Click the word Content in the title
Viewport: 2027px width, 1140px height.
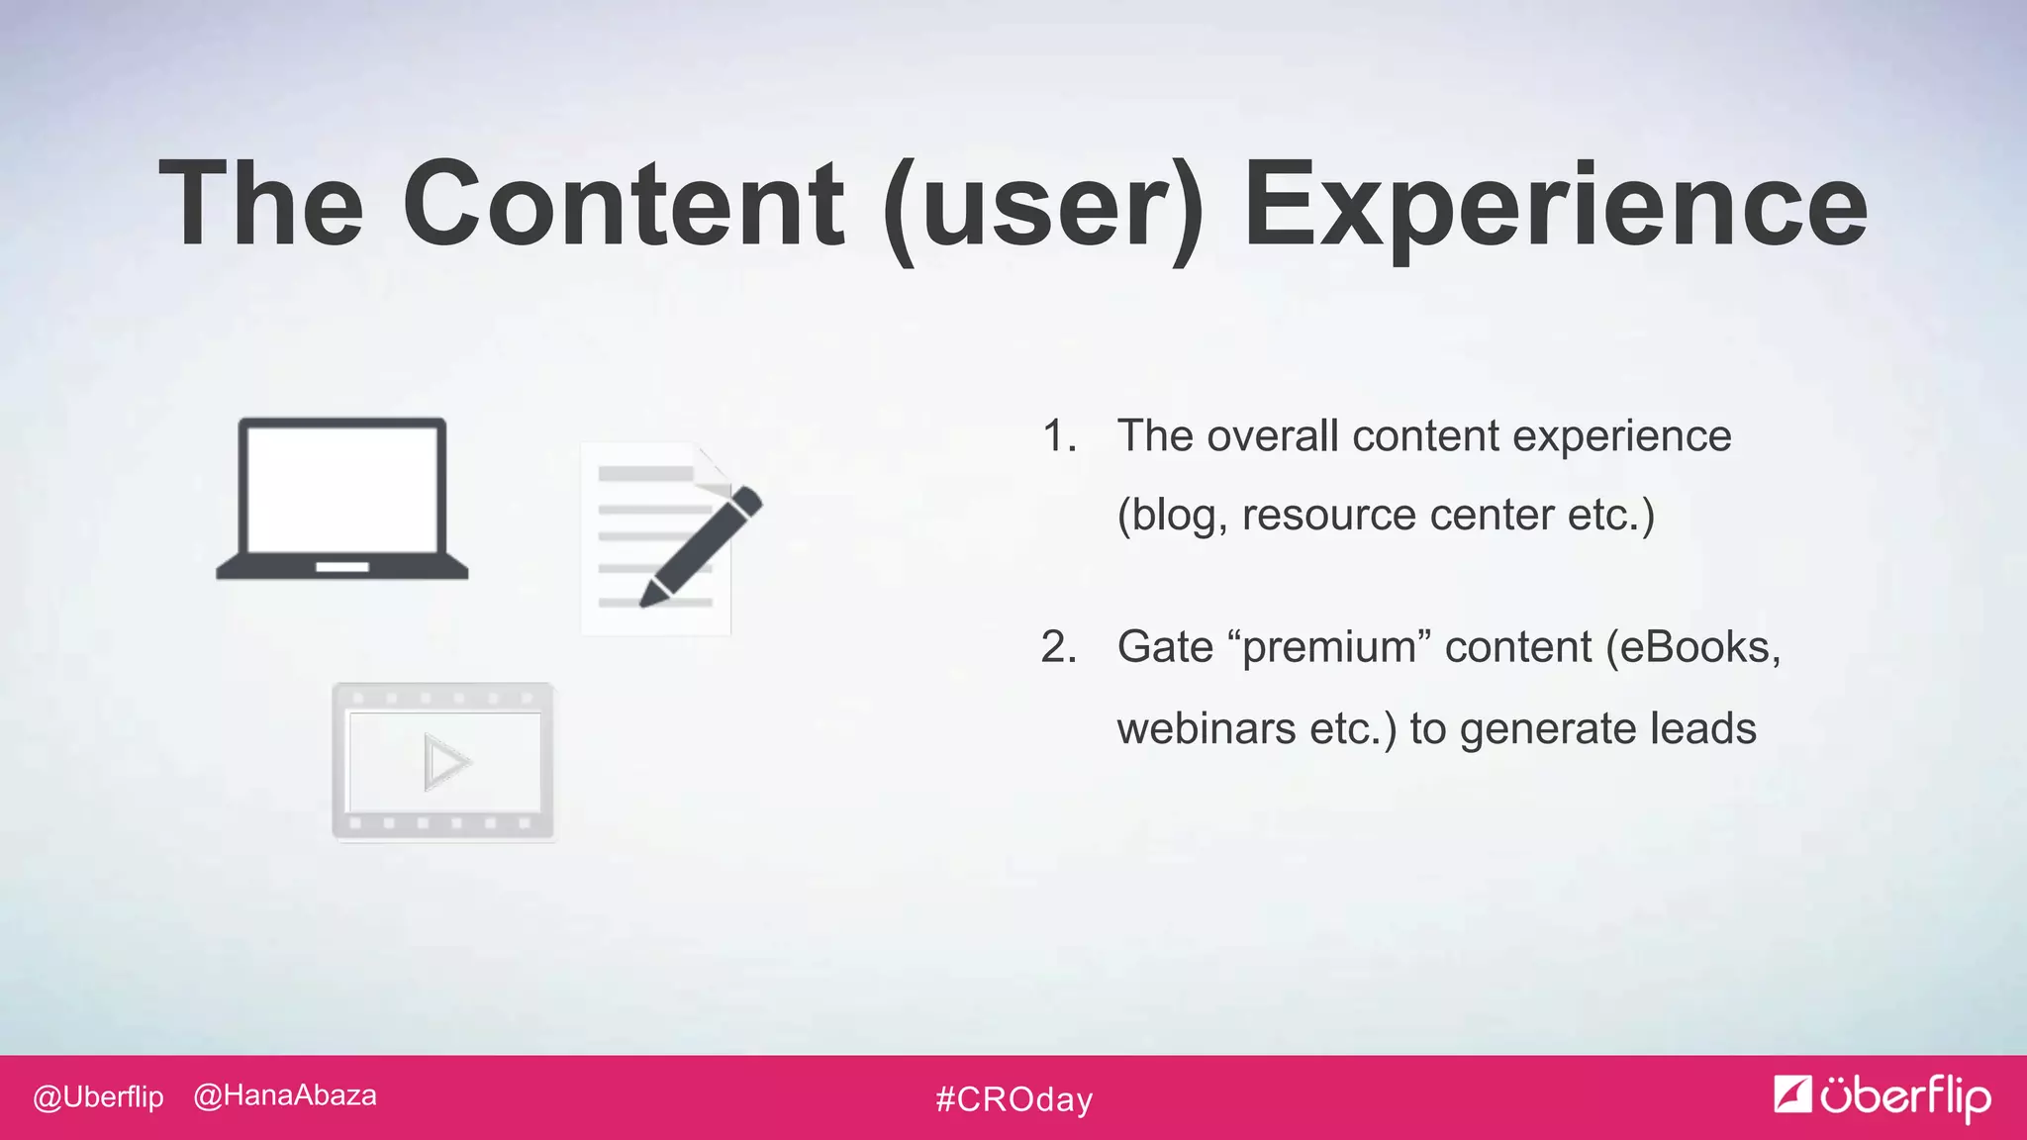[623, 204]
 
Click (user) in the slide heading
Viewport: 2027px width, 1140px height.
[1043, 208]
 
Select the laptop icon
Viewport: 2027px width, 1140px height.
[341, 498]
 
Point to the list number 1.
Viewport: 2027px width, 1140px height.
[1058, 436]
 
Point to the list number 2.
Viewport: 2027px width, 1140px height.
[1058, 648]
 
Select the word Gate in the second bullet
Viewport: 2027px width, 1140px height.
[1165, 648]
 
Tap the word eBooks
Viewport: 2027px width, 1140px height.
[1698, 648]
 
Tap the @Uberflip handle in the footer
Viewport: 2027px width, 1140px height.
[98, 1097]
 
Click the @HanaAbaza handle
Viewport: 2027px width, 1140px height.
[285, 1095]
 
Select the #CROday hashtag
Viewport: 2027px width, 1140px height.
[1013, 1099]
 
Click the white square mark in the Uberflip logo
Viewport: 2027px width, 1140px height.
[1791, 1093]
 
